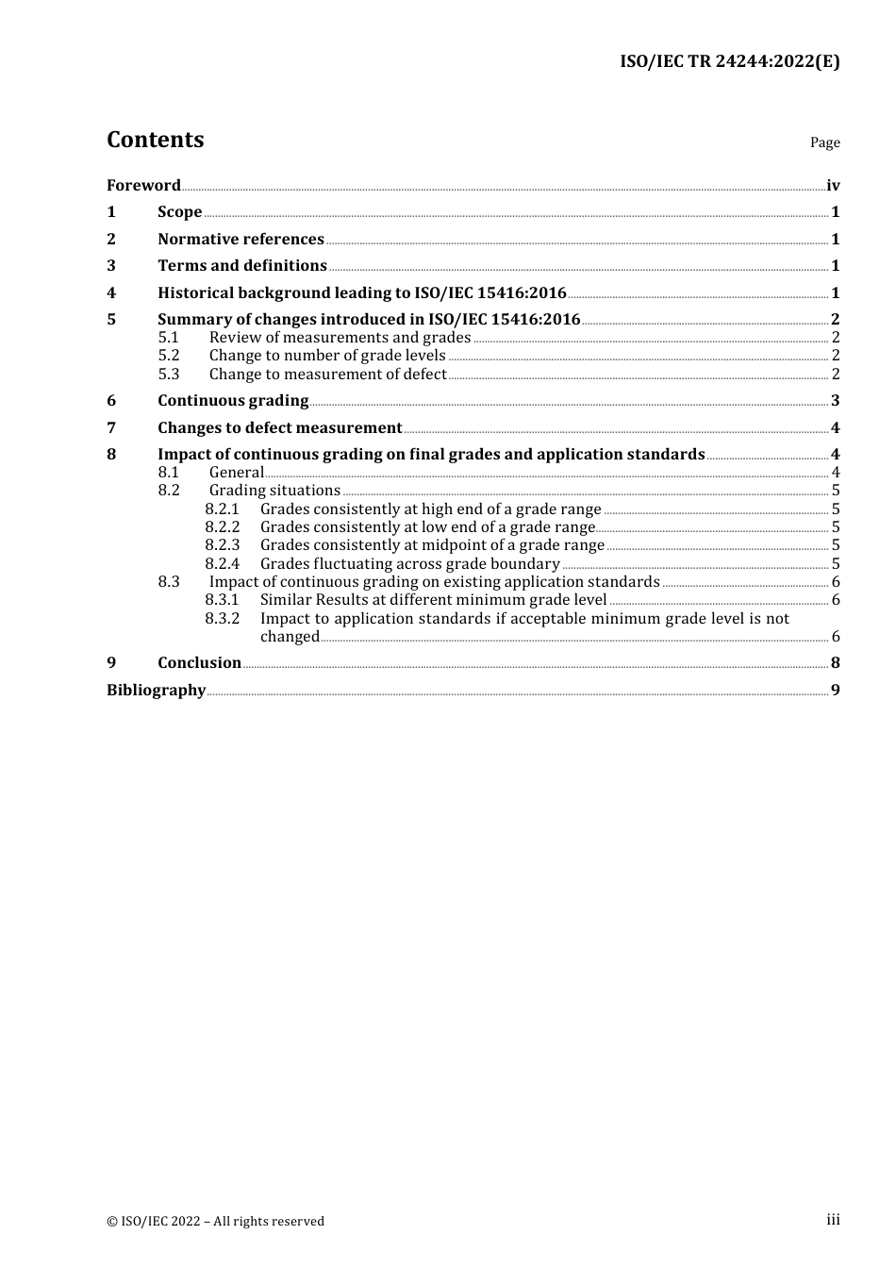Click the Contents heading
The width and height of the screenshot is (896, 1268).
tap(155, 140)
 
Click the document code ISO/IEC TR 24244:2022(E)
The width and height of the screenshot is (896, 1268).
tap(729, 61)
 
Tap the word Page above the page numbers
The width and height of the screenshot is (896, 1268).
tap(824, 142)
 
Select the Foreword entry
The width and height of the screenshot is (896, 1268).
tap(143, 185)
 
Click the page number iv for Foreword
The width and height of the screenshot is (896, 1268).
tap(833, 186)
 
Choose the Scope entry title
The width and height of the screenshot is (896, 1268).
tap(179, 212)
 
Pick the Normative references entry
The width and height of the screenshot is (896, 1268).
tap(241, 240)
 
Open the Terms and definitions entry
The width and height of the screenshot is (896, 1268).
tap(241, 266)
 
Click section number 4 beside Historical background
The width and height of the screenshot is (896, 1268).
tap(111, 293)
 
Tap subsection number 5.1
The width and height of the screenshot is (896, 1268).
tap(168, 338)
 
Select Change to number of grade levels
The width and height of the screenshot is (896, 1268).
tap(327, 356)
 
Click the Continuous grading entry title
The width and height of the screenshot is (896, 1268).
tap(233, 401)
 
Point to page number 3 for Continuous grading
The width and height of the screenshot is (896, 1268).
tap(835, 401)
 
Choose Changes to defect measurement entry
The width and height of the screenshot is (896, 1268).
tap(279, 428)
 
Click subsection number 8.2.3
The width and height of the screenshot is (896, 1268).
tap(223, 545)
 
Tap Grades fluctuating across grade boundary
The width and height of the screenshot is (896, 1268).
tap(409, 564)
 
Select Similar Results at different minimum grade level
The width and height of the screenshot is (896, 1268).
tap(433, 600)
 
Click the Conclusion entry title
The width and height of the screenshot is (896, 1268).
tap(199, 663)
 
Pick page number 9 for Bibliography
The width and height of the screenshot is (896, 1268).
tap(835, 691)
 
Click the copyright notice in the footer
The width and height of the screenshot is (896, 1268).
tap(215, 1221)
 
